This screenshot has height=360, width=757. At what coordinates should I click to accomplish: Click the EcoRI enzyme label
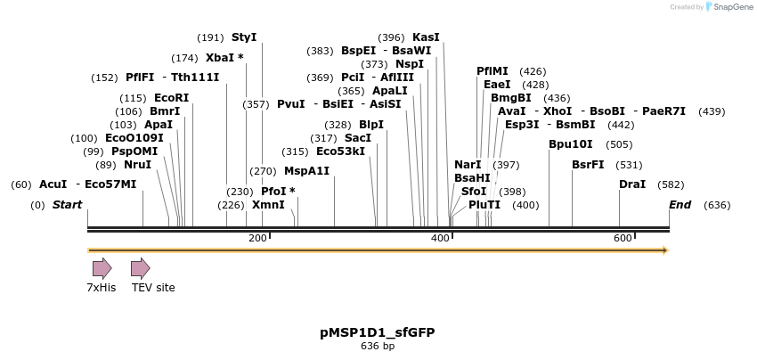click(x=171, y=98)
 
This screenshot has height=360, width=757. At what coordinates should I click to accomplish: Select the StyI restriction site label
click(x=243, y=37)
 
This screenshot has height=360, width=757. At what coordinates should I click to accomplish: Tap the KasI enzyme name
click(x=426, y=37)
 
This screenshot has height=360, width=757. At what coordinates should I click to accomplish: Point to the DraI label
click(x=632, y=184)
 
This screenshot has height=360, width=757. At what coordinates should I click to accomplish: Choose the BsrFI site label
click(x=588, y=165)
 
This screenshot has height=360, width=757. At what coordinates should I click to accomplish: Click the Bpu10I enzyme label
click(x=570, y=144)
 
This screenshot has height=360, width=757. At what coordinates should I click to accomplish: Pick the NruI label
click(x=137, y=165)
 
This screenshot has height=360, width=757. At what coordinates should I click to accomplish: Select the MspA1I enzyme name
click(x=306, y=171)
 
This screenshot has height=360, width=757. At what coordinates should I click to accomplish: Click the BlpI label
click(x=370, y=125)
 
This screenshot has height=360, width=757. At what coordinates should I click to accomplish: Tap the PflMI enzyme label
click(x=492, y=71)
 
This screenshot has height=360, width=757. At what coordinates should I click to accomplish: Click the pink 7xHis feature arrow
click(x=102, y=268)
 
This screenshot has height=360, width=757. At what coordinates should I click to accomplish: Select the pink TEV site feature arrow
click(x=140, y=268)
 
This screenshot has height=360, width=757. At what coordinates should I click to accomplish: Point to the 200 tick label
click(x=257, y=238)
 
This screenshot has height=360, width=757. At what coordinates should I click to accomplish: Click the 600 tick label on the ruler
click(x=623, y=238)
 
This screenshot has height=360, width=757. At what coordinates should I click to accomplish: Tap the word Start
click(x=67, y=205)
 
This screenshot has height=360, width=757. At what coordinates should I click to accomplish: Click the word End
click(x=680, y=205)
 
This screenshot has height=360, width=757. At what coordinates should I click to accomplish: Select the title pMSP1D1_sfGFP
click(x=378, y=332)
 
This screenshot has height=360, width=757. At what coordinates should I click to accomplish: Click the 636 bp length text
click(x=378, y=346)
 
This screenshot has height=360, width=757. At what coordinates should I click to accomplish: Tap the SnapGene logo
click(x=727, y=7)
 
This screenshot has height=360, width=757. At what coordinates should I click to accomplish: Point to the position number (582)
click(x=671, y=184)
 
